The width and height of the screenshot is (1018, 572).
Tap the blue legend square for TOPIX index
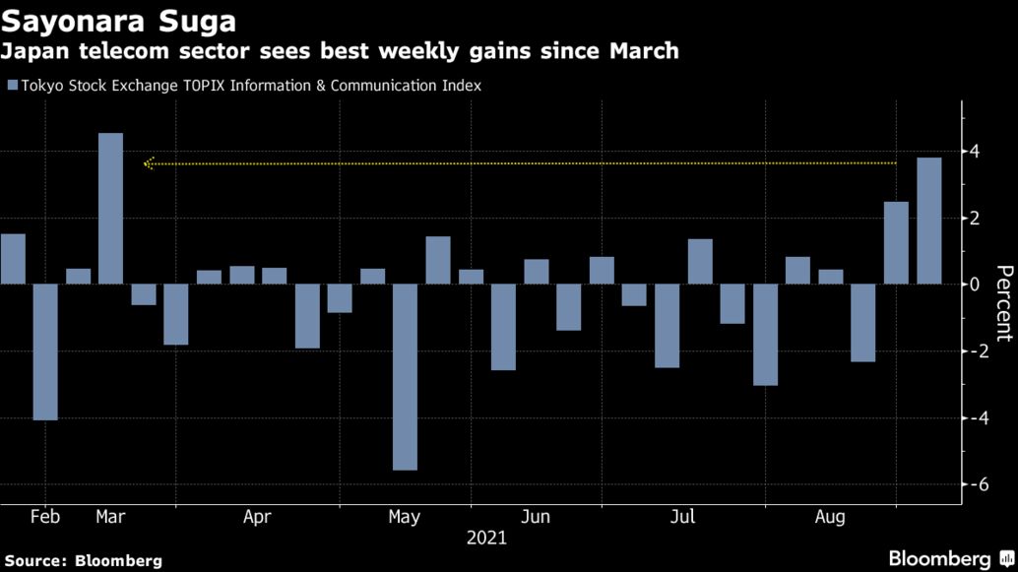[x=12, y=86]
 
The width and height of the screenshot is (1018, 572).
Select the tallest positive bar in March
[x=111, y=209]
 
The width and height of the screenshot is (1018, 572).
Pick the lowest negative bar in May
[x=405, y=376]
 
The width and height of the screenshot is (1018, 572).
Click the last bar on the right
[x=929, y=221]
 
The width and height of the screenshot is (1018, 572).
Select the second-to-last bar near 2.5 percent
[x=896, y=242]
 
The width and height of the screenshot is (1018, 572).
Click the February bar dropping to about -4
[x=45, y=351]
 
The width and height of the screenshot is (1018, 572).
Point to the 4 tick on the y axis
[x=974, y=152]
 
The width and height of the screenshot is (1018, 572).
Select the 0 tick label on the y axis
[x=974, y=285]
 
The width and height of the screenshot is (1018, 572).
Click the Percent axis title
[x=1002, y=303]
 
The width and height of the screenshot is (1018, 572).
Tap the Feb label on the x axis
[x=45, y=516]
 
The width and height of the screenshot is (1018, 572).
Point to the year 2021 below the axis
[x=486, y=538]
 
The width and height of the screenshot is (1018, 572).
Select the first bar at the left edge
[x=13, y=259]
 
